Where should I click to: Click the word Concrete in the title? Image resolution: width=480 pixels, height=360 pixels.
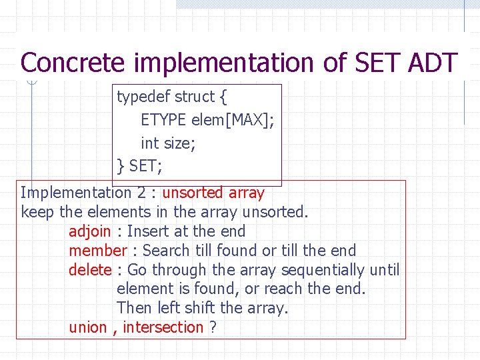(x=72, y=63)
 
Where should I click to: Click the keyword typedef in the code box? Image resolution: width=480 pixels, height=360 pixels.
(x=143, y=97)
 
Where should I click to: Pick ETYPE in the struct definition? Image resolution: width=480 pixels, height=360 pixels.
(x=163, y=120)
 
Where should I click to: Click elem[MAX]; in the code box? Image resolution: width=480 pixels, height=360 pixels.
(x=233, y=120)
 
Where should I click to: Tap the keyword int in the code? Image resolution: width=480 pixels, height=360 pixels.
(x=149, y=143)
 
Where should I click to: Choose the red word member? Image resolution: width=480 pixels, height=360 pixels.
(x=97, y=251)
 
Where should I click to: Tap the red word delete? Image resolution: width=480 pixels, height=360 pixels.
(x=90, y=270)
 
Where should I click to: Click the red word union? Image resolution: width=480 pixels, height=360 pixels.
(x=87, y=327)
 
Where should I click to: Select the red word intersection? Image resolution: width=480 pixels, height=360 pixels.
(x=163, y=327)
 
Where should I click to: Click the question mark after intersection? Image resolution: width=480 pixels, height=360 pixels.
(x=213, y=327)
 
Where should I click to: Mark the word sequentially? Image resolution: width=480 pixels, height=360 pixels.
(x=323, y=270)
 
